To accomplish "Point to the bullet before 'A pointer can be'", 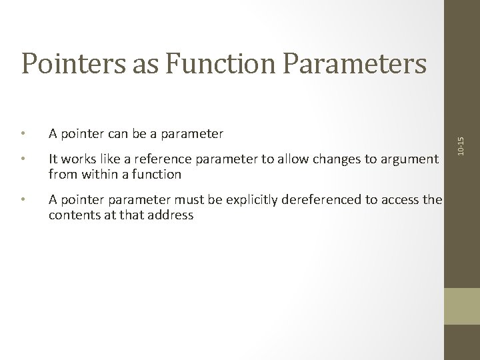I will pyautogui.click(x=24, y=133).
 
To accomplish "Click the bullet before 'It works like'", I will pyautogui.click(x=24, y=159).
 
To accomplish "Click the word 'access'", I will pyautogui.click(x=394, y=201).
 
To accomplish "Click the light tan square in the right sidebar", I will pyautogui.click(x=462, y=306).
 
